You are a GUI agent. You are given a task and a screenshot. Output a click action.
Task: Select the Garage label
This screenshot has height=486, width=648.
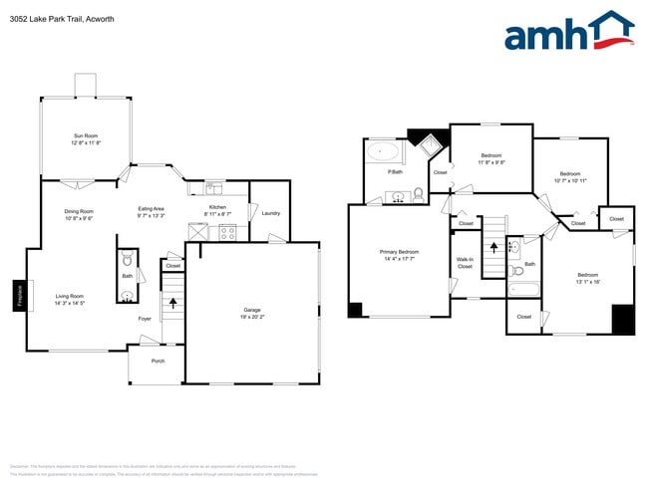tap(252, 310)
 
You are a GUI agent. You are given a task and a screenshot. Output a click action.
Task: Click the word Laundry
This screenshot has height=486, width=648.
tap(270, 213)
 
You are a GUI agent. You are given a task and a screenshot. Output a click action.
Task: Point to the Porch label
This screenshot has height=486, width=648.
tap(158, 361)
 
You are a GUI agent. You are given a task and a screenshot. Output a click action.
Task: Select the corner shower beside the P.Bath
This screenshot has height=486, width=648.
tap(430, 148)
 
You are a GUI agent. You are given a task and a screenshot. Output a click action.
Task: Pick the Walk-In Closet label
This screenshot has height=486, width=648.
tap(465, 263)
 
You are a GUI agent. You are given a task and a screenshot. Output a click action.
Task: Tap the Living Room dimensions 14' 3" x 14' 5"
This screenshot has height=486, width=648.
tap(69, 304)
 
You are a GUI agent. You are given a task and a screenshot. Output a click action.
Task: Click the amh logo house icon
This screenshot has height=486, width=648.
tap(611, 30)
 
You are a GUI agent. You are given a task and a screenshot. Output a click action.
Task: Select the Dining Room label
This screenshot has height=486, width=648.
tap(79, 211)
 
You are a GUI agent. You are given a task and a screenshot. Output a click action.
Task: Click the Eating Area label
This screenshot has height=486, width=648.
tap(152, 209)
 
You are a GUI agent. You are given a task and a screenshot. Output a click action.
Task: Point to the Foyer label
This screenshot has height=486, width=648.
tap(145, 319)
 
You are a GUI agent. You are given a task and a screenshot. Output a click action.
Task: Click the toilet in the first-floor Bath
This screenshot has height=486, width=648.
tap(127, 295)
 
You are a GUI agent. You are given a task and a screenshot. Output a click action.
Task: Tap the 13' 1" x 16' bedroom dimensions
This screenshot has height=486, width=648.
tap(587, 282)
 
